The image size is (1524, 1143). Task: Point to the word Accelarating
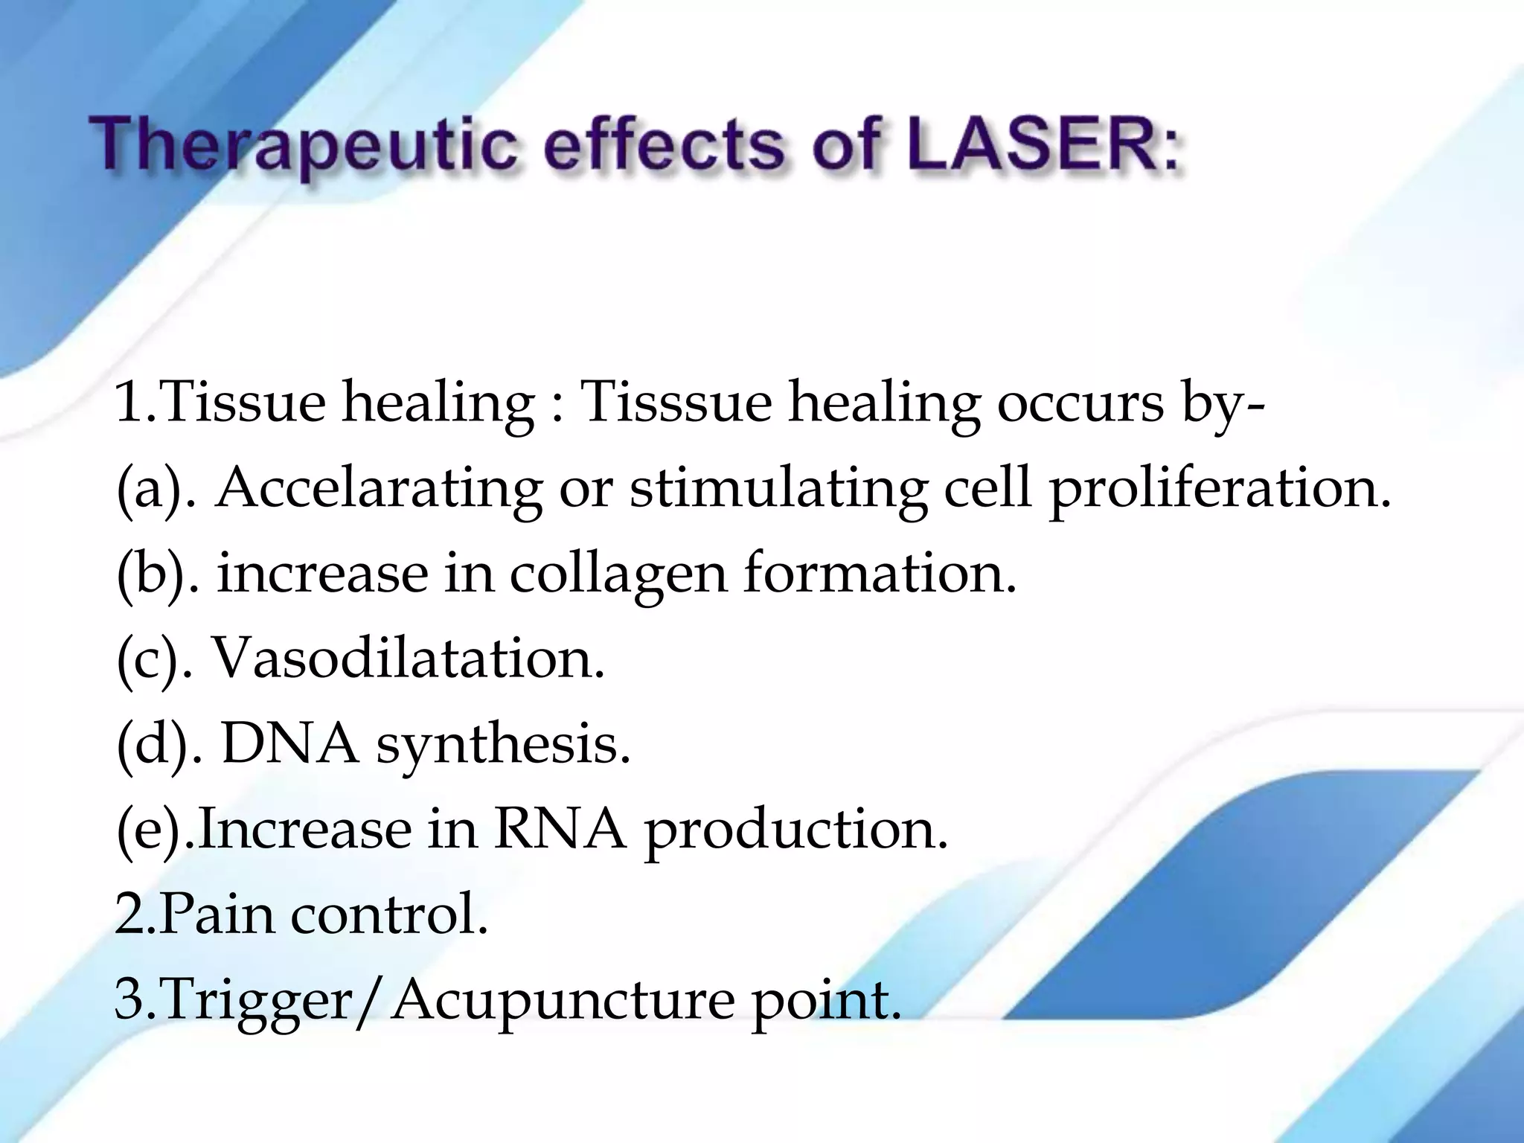click(379, 489)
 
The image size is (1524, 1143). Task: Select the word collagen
click(618, 574)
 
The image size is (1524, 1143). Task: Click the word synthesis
click(503, 745)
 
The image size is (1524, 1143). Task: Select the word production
click(796, 830)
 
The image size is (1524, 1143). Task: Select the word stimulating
click(778, 490)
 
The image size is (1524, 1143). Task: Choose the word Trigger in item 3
click(257, 1001)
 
